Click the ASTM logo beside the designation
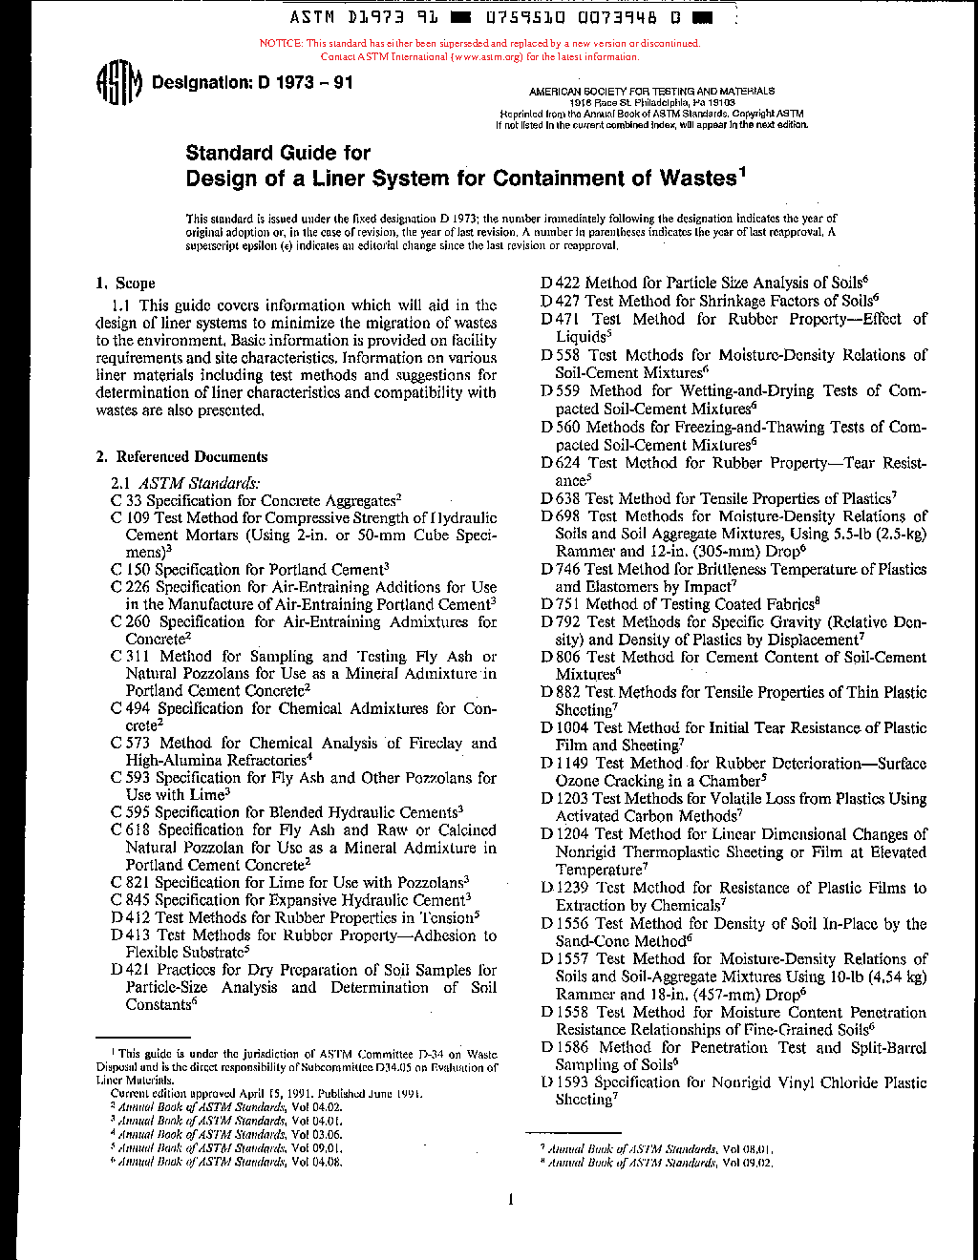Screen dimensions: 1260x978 118,84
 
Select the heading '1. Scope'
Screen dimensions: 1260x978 125,283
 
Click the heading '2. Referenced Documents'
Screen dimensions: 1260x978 181,457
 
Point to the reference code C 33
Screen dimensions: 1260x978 126,501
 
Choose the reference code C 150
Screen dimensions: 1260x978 130,570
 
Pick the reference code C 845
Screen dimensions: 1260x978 130,900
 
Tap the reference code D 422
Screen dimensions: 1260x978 560,283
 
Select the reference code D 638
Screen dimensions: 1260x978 560,498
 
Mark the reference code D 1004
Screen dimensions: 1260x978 563,728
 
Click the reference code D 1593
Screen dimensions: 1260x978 563,1082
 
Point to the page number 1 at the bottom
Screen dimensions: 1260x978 511,1200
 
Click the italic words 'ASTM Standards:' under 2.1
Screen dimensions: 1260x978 200,484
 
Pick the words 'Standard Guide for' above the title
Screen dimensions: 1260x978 278,153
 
